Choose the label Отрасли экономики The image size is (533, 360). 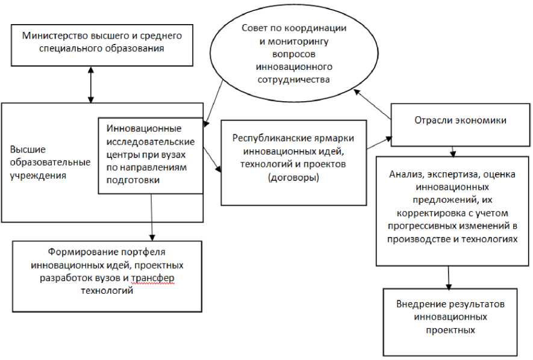[x=460, y=120]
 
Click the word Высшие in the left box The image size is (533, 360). [x=27, y=149]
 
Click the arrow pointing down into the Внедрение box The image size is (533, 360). [x=448, y=276]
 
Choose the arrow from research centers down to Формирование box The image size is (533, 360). [x=152, y=217]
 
